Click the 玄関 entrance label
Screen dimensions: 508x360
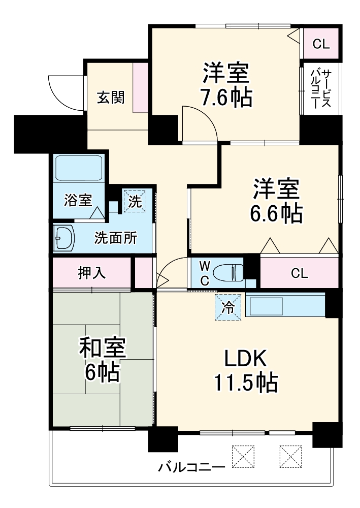[111, 97]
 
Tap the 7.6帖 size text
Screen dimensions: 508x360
[226, 98]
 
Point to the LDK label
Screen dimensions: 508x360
[246, 360]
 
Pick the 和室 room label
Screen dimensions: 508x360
[102, 349]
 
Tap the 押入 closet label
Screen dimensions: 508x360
[91, 273]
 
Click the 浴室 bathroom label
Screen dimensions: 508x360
[78, 200]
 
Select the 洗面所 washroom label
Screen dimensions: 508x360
[115, 238]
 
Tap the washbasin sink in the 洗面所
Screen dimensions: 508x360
[64, 238]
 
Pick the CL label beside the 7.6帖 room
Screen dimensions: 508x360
[320, 44]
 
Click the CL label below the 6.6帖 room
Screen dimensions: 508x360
[299, 273]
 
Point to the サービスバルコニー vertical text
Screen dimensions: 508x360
[320, 88]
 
